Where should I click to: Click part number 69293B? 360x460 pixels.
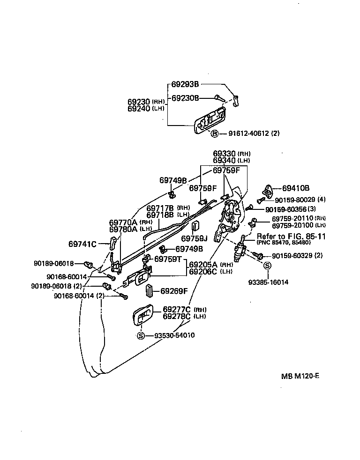pyautogui.click(x=185, y=85)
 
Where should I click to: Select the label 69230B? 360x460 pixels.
pyautogui.click(x=185, y=98)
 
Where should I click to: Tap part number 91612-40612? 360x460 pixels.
pyautogui.click(x=249, y=134)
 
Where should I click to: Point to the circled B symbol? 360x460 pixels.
pyautogui.click(x=215, y=134)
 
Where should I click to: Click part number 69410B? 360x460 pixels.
pyautogui.click(x=296, y=188)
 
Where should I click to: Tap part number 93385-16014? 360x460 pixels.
pyautogui.click(x=268, y=282)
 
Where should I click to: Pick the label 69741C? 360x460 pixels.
pyautogui.click(x=82, y=244)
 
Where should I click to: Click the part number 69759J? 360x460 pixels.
pyautogui.click(x=195, y=238)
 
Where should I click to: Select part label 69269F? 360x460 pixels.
pyautogui.click(x=174, y=291)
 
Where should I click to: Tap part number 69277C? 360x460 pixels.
pyautogui.click(x=177, y=309)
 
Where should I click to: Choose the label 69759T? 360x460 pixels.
pyautogui.click(x=168, y=259)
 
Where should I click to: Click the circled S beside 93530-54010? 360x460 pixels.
pyautogui.click(x=140, y=335)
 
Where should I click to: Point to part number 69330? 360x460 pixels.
pyautogui.click(x=225, y=153)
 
